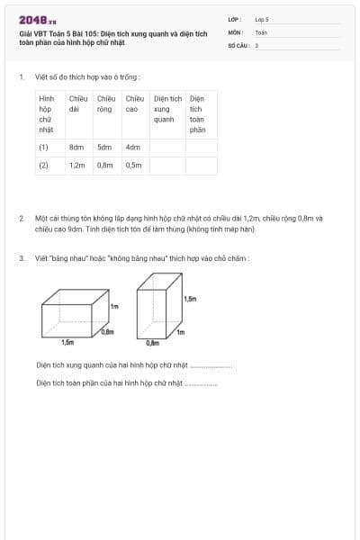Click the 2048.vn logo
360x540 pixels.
click(37, 20)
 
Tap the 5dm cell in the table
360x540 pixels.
click(104, 147)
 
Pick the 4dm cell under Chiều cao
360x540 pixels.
click(133, 147)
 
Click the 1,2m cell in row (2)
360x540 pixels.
click(76, 166)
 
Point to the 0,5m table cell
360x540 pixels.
click(134, 166)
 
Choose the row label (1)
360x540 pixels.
click(43, 147)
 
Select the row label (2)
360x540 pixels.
click(43, 166)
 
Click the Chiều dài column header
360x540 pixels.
click(78, 103)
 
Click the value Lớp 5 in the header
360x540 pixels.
click(262, 19)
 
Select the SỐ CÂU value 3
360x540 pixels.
click(256, 44)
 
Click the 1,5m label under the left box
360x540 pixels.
click(67, 343)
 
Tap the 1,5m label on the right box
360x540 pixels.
click(189, 299)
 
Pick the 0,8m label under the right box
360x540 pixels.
click(152, 343)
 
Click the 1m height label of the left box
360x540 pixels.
click(114, 307)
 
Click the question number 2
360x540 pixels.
click(22, 218)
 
